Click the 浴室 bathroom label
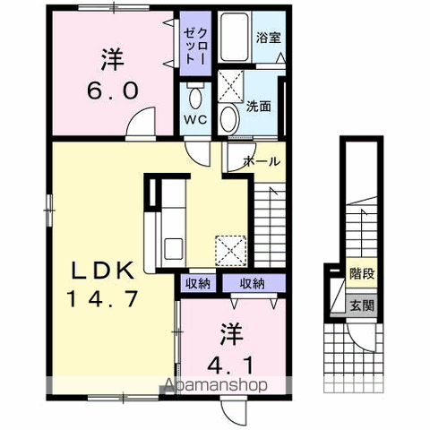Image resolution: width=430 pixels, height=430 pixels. [269, 39]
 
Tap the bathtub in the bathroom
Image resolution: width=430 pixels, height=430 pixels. [235, 37]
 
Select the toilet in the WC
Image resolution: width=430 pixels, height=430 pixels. [195, 96]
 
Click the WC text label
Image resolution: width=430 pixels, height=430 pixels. [195, 120]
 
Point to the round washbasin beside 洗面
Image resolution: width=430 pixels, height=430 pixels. [229, 119]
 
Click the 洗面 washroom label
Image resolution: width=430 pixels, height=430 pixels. [259, 107]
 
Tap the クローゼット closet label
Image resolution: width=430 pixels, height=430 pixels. [195, 46]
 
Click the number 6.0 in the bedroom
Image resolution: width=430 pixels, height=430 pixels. [113, 90]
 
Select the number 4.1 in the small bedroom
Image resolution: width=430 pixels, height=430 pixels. [230, 365]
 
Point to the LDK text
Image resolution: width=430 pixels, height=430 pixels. [103, 271]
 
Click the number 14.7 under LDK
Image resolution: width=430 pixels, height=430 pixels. [103, 299]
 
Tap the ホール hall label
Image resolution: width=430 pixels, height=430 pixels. [262, 161]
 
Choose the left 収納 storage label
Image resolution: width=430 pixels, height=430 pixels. [198, 283]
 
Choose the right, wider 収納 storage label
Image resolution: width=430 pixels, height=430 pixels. [253, 283]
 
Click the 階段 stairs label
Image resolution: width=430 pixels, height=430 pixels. [362, 273]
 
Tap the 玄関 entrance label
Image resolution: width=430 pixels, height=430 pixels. [362, 305]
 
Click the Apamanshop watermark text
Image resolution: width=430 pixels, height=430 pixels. [216, 385]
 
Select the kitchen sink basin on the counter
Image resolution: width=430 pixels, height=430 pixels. [174, 248]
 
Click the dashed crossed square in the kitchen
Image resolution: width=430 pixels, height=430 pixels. [231, 251]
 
